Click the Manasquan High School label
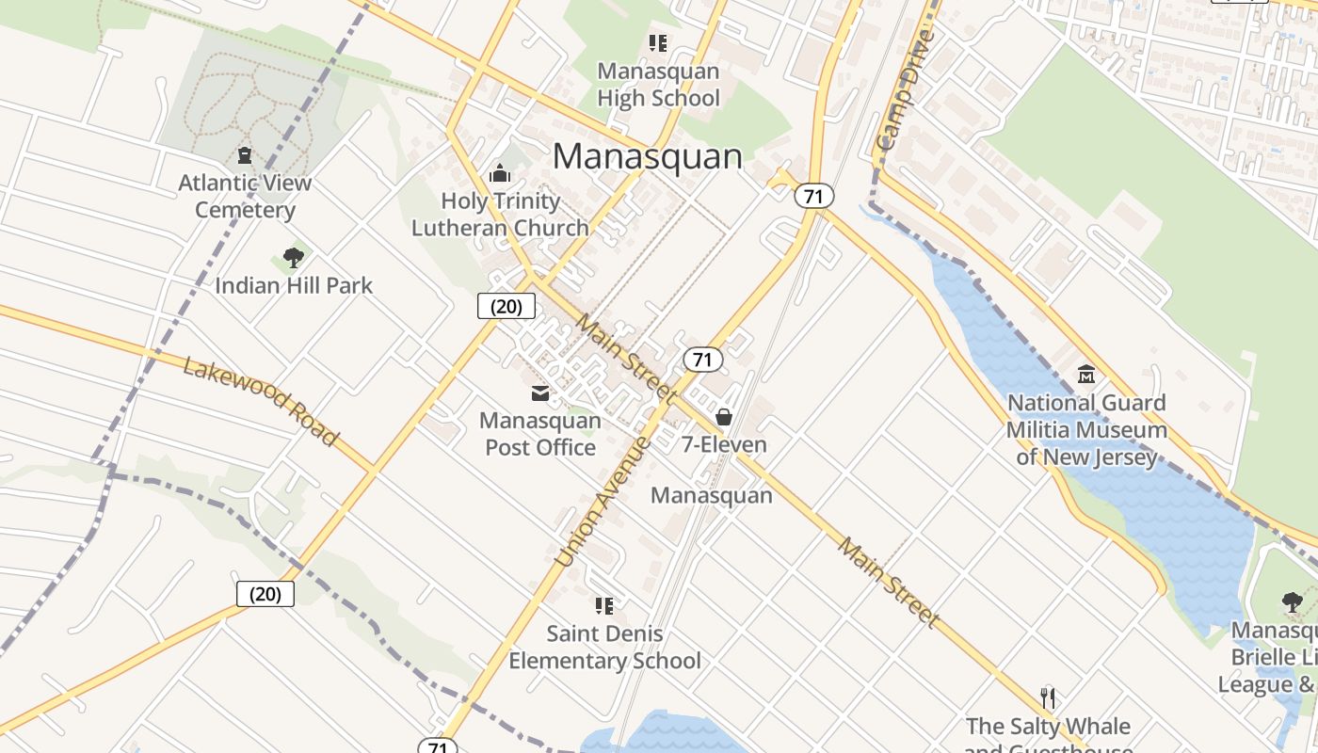coord(658,85)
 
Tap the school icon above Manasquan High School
coord(658,43)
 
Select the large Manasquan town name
coord(648,156)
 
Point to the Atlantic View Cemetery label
coord(245,196)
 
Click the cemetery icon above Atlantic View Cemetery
coord(245,155)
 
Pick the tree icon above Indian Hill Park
coord(294,257)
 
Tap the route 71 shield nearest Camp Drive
coord(813,196)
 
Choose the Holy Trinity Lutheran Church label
coord(500,214)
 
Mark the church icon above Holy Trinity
coord(500,173)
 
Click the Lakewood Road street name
coord(260,401)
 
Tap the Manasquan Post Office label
coord(540,433)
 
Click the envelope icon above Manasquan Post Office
coord(540,393)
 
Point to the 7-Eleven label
coord(724,444)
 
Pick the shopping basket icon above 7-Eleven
coord(724,416)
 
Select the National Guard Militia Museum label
coord(1086,430)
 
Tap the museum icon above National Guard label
coord(1086,375)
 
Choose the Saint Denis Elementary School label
coord(604,648)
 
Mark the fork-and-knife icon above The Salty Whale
coord(1048,697)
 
